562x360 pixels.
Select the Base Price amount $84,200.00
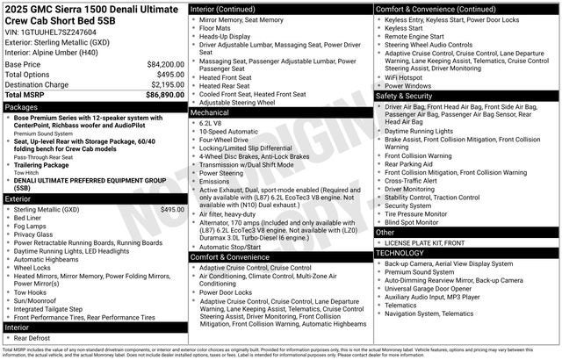[165, 64]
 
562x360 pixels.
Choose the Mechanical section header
[210, 112]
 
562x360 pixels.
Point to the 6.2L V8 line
[213, 123]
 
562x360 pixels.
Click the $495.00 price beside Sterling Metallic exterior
[173, 210]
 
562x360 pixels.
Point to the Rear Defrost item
[32, 337]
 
